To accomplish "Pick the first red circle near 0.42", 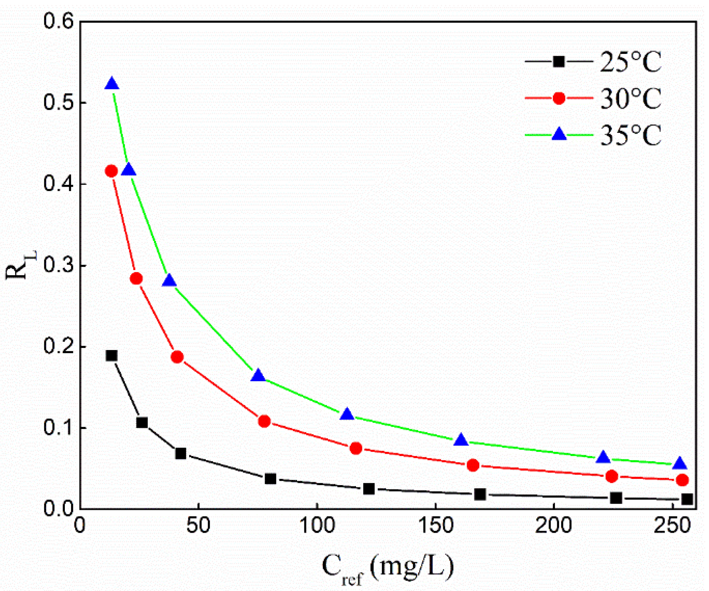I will click(x=111, y=171).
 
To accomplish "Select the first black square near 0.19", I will click(x=112, y=356).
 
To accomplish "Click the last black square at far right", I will click(x=687, y=499).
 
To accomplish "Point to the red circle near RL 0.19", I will click(x=177, y=357).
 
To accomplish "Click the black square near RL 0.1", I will click(x=142, y=422).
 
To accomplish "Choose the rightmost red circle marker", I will click(x=682, y=480).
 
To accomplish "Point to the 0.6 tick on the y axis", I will click(x=59, y=21).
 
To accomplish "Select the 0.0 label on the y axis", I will click(x=59, y=508).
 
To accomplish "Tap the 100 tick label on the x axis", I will click(x=317, y=525).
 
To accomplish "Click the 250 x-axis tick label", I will click(x=673, y=525).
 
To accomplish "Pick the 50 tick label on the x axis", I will click(x=198, y=525).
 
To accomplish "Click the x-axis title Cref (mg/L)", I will click(x=387, y=567).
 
